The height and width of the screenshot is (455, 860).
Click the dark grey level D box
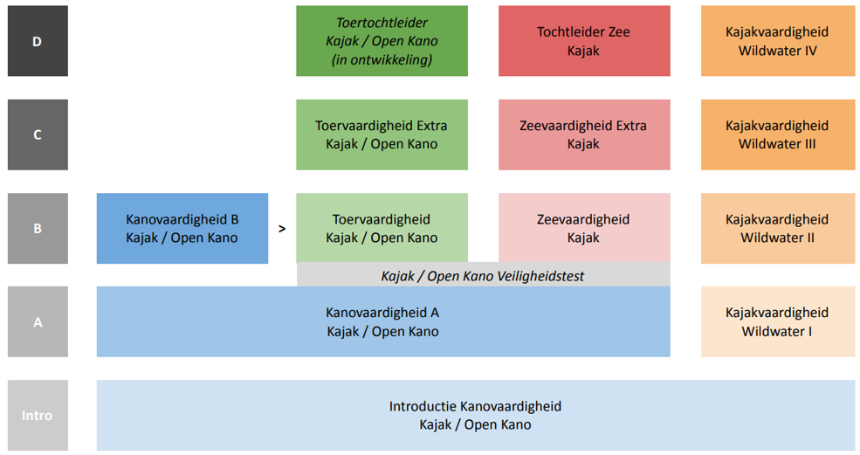coord(38,41)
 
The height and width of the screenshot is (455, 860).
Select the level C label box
coord(38,134)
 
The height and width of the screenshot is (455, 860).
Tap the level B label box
coord(38,228)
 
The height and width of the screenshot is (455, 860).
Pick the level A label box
coord(38,321)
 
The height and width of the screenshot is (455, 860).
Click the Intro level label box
coord(38,416)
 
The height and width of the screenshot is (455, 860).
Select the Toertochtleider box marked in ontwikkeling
coord(382,41)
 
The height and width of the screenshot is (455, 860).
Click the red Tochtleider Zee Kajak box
coord(584,41)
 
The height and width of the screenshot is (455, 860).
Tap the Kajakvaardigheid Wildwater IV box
coord(778,41)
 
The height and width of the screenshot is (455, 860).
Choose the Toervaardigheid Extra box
coord(382,134)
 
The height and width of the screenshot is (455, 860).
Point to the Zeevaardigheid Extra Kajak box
coord(584,134)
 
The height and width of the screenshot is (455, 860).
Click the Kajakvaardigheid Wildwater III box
coord(778,134)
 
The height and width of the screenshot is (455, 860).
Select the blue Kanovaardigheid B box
coord(182,228)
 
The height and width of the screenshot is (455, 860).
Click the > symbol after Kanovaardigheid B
coord(282,229)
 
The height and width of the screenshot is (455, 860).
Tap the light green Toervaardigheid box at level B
coord(382,228)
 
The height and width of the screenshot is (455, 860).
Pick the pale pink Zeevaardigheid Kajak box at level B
coord(584,228)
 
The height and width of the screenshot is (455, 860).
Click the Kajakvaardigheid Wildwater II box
coord(778,228)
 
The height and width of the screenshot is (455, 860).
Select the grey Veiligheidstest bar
coord(483,274)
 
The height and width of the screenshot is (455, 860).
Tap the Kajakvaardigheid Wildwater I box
coord(778,321)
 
